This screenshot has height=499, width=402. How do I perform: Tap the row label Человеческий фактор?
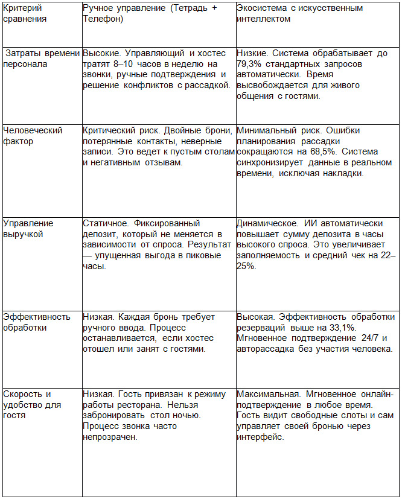tap(33, 136)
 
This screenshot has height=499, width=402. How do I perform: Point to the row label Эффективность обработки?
tap(36, 322)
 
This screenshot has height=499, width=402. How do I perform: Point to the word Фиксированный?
tap(167, 223)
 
